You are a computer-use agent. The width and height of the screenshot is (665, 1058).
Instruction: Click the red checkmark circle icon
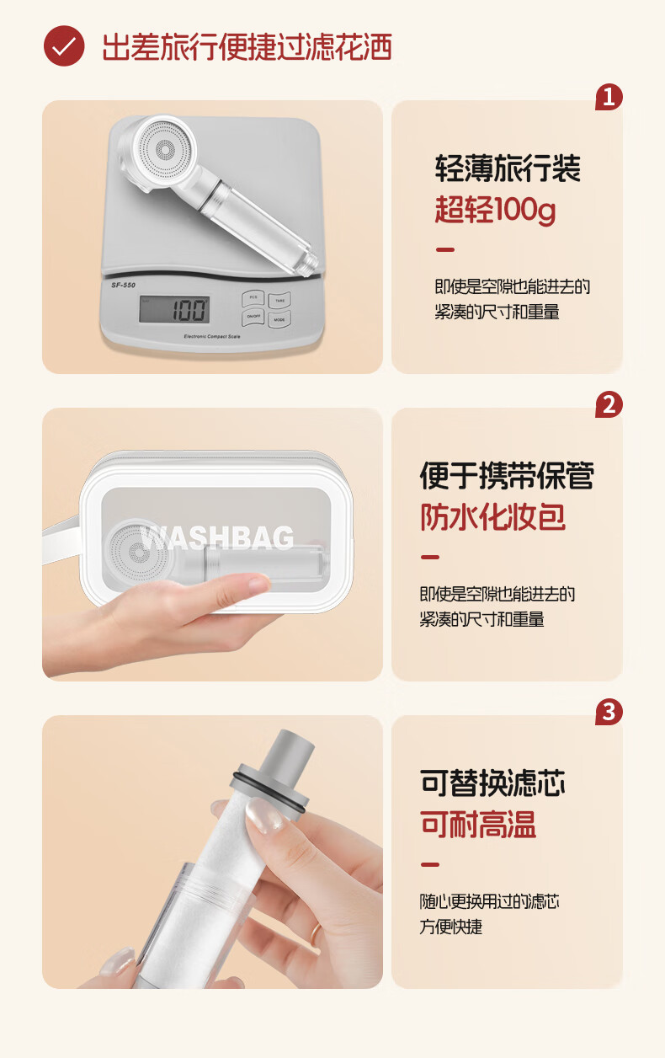(x=64, y=45)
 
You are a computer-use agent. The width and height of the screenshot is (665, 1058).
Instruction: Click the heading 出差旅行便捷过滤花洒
(x=247, y=47)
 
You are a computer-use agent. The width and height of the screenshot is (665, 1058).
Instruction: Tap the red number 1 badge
(x=609, y=98)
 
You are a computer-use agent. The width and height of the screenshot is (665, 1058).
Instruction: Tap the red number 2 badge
(x=609, y=405)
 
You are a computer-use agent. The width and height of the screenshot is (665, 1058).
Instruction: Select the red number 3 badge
(x=609, y=712)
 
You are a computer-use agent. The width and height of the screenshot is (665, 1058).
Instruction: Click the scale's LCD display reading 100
(x=174, y=309)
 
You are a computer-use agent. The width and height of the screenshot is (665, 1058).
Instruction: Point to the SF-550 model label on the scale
(x=123, y=285)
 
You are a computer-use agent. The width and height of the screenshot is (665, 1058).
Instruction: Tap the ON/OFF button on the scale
(x=253, y=317)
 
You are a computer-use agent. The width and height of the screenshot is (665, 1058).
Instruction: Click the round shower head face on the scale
(x=162, y=150)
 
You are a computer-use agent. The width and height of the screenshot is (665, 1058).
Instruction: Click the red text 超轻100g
(x=495, y=210)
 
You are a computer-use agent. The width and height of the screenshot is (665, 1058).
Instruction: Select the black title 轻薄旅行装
(x=508, y=168)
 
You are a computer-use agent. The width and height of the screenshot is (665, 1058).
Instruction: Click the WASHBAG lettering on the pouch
(x=217, y=537)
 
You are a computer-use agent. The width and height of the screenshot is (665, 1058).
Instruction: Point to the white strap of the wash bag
(x=61, y=542)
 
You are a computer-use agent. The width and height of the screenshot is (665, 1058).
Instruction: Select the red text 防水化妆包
(x=492, y=516)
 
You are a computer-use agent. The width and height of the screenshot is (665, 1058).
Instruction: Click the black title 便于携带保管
(x=507, y=475)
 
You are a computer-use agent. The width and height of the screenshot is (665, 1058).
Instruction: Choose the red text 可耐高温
(x=478, y=824)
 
